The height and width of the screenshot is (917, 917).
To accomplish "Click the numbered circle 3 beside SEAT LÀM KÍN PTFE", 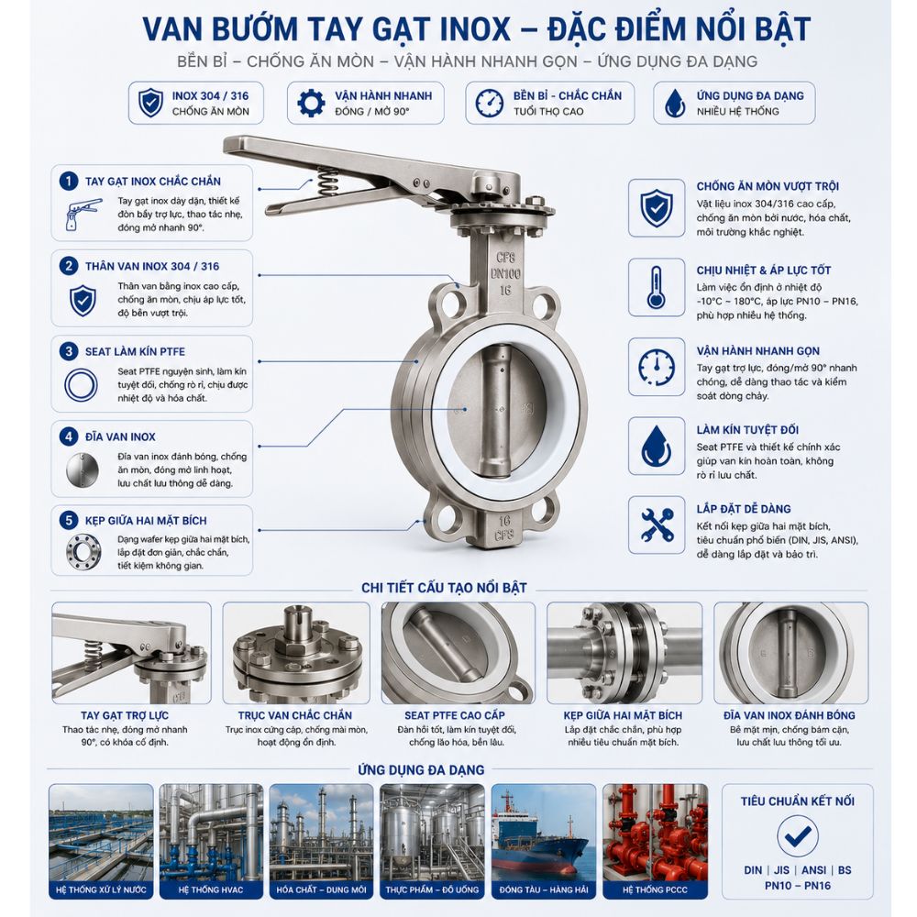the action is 69,351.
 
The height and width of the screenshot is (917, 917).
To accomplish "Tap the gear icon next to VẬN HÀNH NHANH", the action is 311,103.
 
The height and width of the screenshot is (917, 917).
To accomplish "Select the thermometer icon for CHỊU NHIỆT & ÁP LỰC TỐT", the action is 656,287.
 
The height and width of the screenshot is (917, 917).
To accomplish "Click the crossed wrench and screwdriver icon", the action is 657,525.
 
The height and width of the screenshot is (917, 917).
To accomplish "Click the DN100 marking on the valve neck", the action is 504,273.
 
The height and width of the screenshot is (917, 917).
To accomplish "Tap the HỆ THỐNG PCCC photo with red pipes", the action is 655,841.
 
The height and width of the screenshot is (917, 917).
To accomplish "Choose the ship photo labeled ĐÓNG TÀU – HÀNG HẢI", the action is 543,841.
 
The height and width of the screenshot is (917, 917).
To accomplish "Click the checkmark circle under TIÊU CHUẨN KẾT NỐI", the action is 797,835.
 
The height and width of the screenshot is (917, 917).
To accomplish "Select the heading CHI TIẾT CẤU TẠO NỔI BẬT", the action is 444,588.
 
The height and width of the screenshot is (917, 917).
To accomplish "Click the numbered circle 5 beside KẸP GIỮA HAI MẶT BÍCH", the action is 69,520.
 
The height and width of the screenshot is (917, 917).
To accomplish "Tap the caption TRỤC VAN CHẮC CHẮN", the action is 294,715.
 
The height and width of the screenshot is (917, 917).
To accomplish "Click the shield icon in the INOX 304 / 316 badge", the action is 150,103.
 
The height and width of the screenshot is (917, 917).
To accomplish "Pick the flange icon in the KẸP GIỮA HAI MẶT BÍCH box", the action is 83,551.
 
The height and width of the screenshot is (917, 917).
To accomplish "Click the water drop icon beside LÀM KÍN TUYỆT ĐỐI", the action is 657,446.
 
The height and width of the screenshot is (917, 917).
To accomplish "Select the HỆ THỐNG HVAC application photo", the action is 211,841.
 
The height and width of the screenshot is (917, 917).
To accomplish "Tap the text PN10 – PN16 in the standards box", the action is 797,886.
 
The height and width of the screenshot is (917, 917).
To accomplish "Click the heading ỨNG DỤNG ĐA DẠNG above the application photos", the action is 421,769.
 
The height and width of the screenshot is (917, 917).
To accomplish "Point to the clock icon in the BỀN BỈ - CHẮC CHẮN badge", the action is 489,103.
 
